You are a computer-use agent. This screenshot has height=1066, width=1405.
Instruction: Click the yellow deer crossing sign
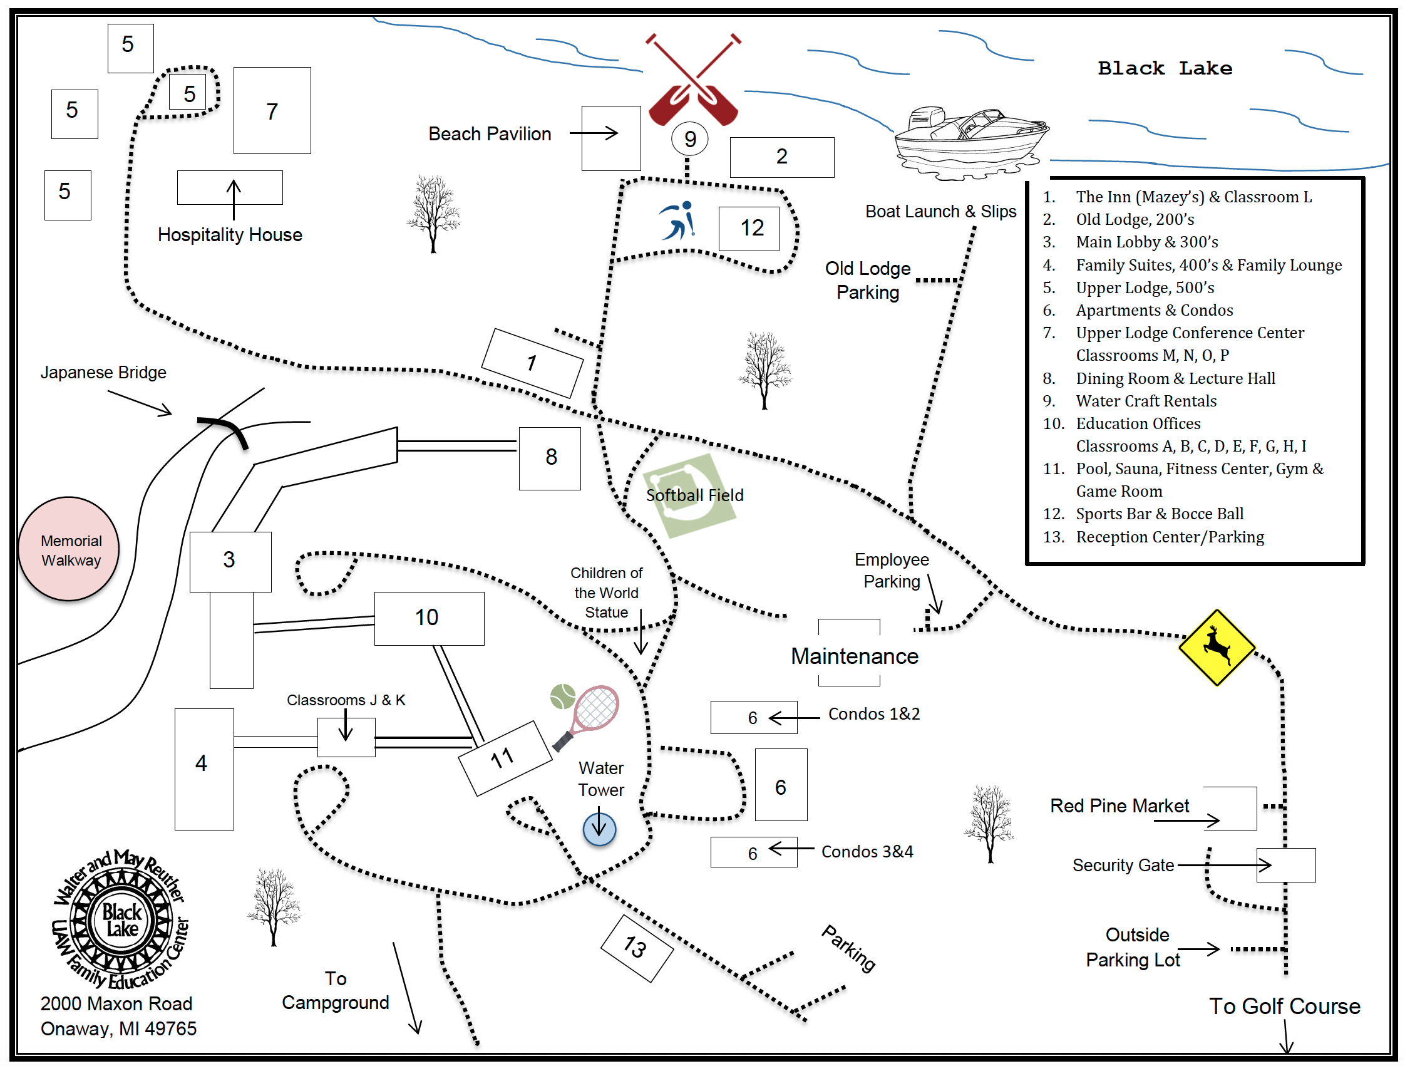click(1216, 648)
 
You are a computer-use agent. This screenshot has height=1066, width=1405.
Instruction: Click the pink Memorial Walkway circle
click(69, 549)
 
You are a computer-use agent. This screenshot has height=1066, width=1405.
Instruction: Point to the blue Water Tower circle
click(599, 829)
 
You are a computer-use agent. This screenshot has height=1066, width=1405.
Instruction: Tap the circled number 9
click(690, 138)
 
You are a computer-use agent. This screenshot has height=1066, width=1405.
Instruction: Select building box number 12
click(749, 228)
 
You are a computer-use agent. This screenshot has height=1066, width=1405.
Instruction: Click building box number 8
click(550, 458)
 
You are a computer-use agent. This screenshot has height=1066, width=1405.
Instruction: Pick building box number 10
click(429, 618)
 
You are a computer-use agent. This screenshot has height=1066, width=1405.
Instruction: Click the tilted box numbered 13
click(636, 948)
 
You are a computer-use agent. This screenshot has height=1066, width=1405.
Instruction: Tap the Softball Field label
click(694, 495)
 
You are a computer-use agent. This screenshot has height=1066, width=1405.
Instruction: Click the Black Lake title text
click(1165, 68)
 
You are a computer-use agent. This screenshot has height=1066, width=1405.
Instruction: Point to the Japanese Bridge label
click(103, 372)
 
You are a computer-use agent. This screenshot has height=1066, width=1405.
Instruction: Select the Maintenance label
click(854, 656)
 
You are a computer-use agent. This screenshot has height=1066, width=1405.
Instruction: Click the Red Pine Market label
click(1118, 805)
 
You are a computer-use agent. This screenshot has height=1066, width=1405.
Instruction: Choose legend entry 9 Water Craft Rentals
click(1145, 401)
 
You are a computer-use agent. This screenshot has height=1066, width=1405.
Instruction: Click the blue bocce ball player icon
click(679, 221)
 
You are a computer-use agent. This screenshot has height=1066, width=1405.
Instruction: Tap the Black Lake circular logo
click(121, 919)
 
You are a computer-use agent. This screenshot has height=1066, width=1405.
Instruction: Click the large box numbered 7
click(272, 110)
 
